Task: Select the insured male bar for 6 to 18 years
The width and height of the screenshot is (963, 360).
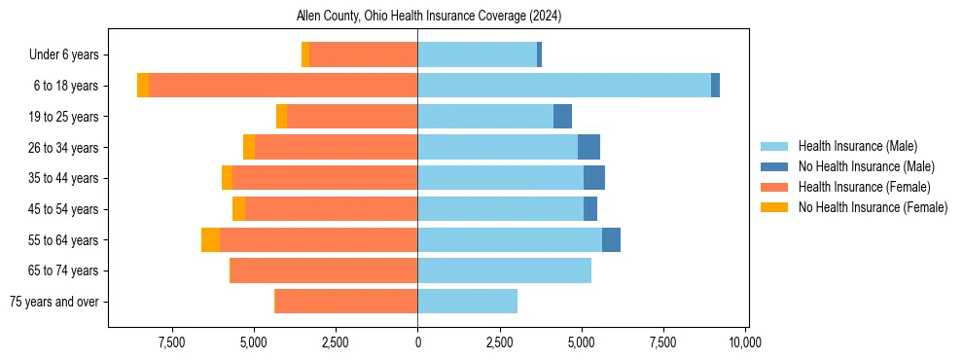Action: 564,86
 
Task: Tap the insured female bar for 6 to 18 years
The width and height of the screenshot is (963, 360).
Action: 283,86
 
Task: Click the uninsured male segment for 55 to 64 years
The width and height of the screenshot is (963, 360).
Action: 611,239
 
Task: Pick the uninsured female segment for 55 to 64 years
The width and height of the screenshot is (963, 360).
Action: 210,239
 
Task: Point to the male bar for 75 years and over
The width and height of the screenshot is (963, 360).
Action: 467,302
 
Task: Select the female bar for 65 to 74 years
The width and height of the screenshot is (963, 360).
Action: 323,270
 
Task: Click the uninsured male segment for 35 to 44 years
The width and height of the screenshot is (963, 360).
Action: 593,178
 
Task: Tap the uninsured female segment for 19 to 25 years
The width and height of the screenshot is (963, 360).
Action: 281,117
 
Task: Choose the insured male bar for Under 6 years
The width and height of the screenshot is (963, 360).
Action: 477,54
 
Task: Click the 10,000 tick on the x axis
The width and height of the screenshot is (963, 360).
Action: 745,342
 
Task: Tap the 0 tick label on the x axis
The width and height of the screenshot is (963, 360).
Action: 417,342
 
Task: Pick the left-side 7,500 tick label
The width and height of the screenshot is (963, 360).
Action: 171,342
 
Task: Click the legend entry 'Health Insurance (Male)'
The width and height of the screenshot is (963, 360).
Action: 857,146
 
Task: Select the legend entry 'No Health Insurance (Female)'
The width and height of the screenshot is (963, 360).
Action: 873,207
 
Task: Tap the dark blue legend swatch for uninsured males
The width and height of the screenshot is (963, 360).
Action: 775,166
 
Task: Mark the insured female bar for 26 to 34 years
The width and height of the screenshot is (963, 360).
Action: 336,147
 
